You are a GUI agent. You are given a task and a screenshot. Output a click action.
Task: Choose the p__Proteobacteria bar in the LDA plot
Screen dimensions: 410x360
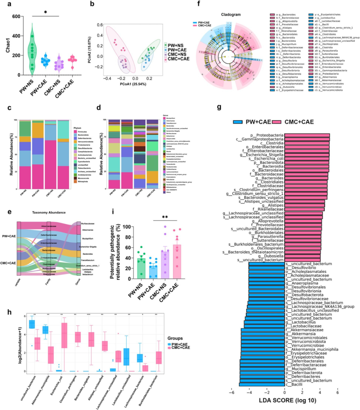click(307, 135)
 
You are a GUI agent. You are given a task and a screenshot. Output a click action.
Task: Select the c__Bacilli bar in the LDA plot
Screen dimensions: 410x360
click(262, 385)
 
